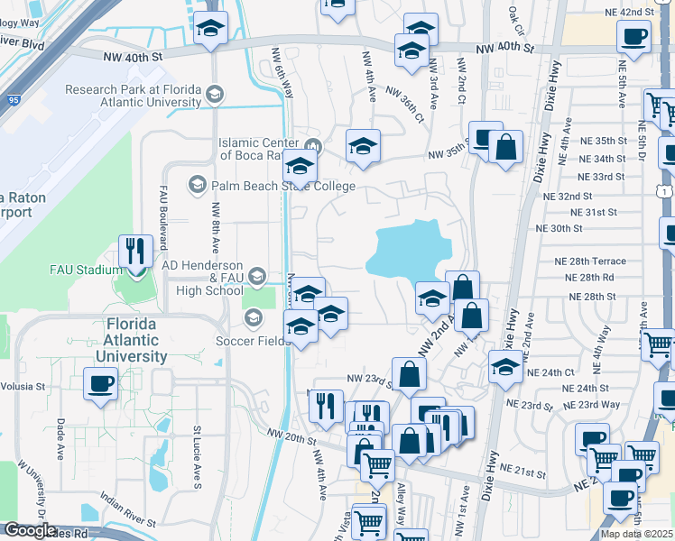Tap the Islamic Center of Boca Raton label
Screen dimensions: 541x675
pyautogui.click(x=262, y=149)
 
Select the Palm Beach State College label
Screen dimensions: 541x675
pyautogui.click(x=271, y=186)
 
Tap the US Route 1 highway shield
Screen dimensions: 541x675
pyautogui.click(x=664, y=192)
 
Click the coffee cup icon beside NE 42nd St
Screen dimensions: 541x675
pyautogui.click(x=633, y=36)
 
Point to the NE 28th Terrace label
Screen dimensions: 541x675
pyautogui.click(x=589, y=261)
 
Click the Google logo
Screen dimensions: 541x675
pyautogui.click(x=30, y=530)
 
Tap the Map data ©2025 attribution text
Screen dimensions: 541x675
pyautogui.click(x=636, y=534)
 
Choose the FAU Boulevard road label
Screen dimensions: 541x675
pyautogui.click(x=164, y=220)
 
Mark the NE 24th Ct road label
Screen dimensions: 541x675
pyautogui.click(x=550, y=372)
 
